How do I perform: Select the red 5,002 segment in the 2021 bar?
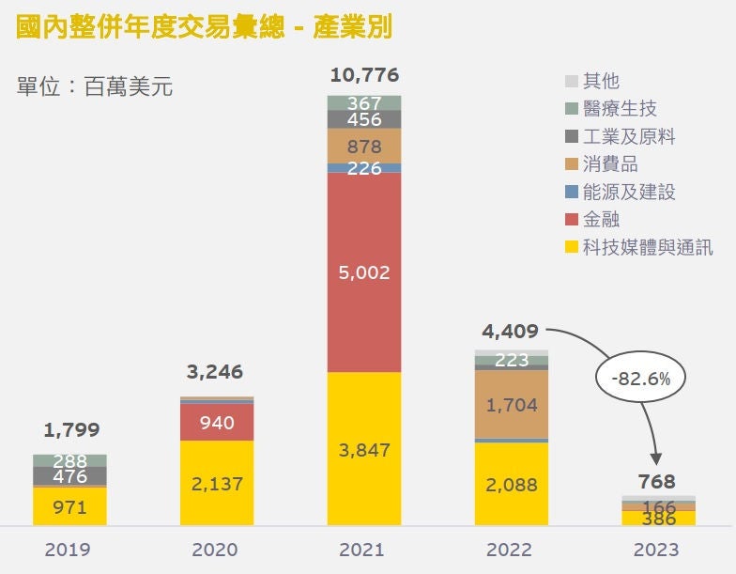coord(363,272)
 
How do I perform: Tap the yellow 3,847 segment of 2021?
coord(363,449)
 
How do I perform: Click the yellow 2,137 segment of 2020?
coord(217,483)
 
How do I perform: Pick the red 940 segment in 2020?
coord(217,423)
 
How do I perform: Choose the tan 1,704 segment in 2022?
coord(512,405)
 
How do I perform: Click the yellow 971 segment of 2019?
coord(70,507)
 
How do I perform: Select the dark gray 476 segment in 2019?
coord(70,476)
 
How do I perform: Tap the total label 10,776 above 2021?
coord(363,75)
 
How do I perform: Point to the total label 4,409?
coord(511,331)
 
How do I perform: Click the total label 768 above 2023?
coord(657,482)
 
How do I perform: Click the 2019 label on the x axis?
coord(69,550)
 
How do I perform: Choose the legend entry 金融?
coord(601,220)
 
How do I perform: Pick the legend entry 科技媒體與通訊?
coord(638,247)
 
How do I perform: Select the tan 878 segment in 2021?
coord(363,146)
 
